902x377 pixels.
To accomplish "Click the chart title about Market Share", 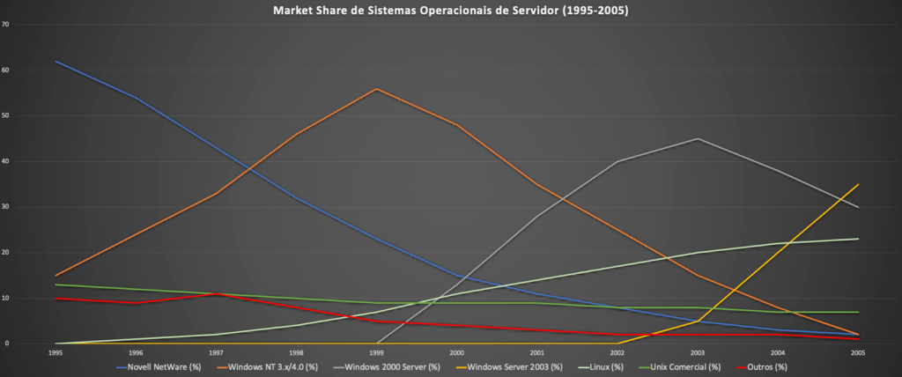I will tap(450, 11).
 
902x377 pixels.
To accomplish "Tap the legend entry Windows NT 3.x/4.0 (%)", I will tap(272, 366).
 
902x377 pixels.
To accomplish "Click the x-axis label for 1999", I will tap(376, 351).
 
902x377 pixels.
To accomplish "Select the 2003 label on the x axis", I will tap(698, 351).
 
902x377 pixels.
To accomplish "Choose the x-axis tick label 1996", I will tap(135, 351).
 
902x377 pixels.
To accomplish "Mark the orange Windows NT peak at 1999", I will tap(376, 89).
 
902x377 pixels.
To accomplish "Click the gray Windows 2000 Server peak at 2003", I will tap(698, 138).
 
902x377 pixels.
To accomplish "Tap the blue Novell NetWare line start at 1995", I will tap(55, 61).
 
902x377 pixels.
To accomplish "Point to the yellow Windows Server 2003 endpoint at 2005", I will tap(858, 184).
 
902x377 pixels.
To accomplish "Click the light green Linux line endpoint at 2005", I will tap(858, 239).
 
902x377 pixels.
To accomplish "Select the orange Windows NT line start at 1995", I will tap(55, 276).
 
